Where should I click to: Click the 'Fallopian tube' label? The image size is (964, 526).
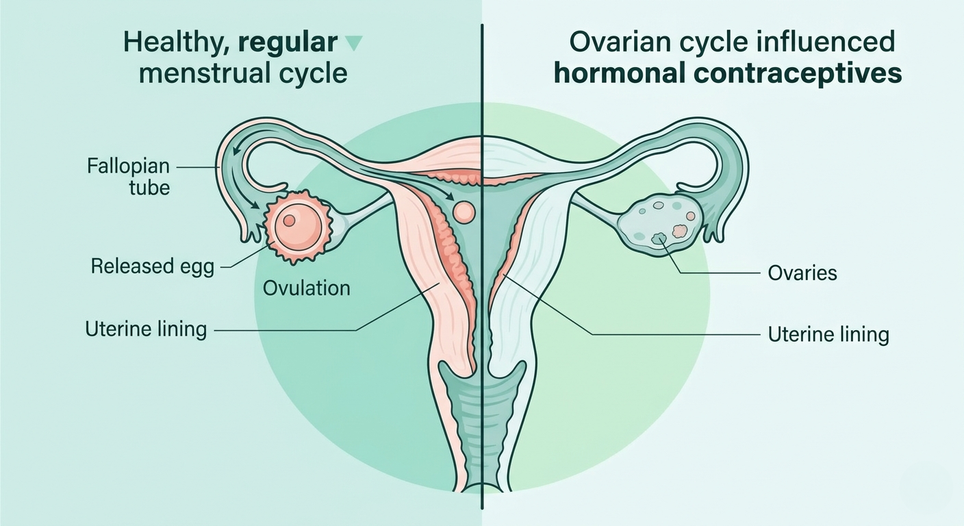click(128, 177)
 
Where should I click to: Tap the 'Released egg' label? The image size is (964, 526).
click(153, 266)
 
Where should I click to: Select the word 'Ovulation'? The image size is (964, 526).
click(307, 288)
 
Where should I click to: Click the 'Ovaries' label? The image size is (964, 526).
click(802, 273)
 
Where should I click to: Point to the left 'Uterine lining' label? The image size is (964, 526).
click(146, 329)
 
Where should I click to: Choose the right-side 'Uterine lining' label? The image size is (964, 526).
click(828, 334)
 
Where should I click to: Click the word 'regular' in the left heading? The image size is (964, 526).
click(288, 42)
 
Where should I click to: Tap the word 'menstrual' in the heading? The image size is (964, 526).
click(205, 73)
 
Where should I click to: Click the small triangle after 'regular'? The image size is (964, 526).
click(355, 43)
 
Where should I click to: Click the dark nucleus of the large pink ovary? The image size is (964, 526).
click(289, 221)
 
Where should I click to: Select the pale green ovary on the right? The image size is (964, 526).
click(660, 225)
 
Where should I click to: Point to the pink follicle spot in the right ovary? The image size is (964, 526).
click(679, 231)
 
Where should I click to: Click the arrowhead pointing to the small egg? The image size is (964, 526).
click(450, 197)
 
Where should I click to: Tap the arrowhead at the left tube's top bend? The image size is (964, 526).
click(235, 151)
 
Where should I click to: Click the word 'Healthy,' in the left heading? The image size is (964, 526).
click(177, 43)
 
